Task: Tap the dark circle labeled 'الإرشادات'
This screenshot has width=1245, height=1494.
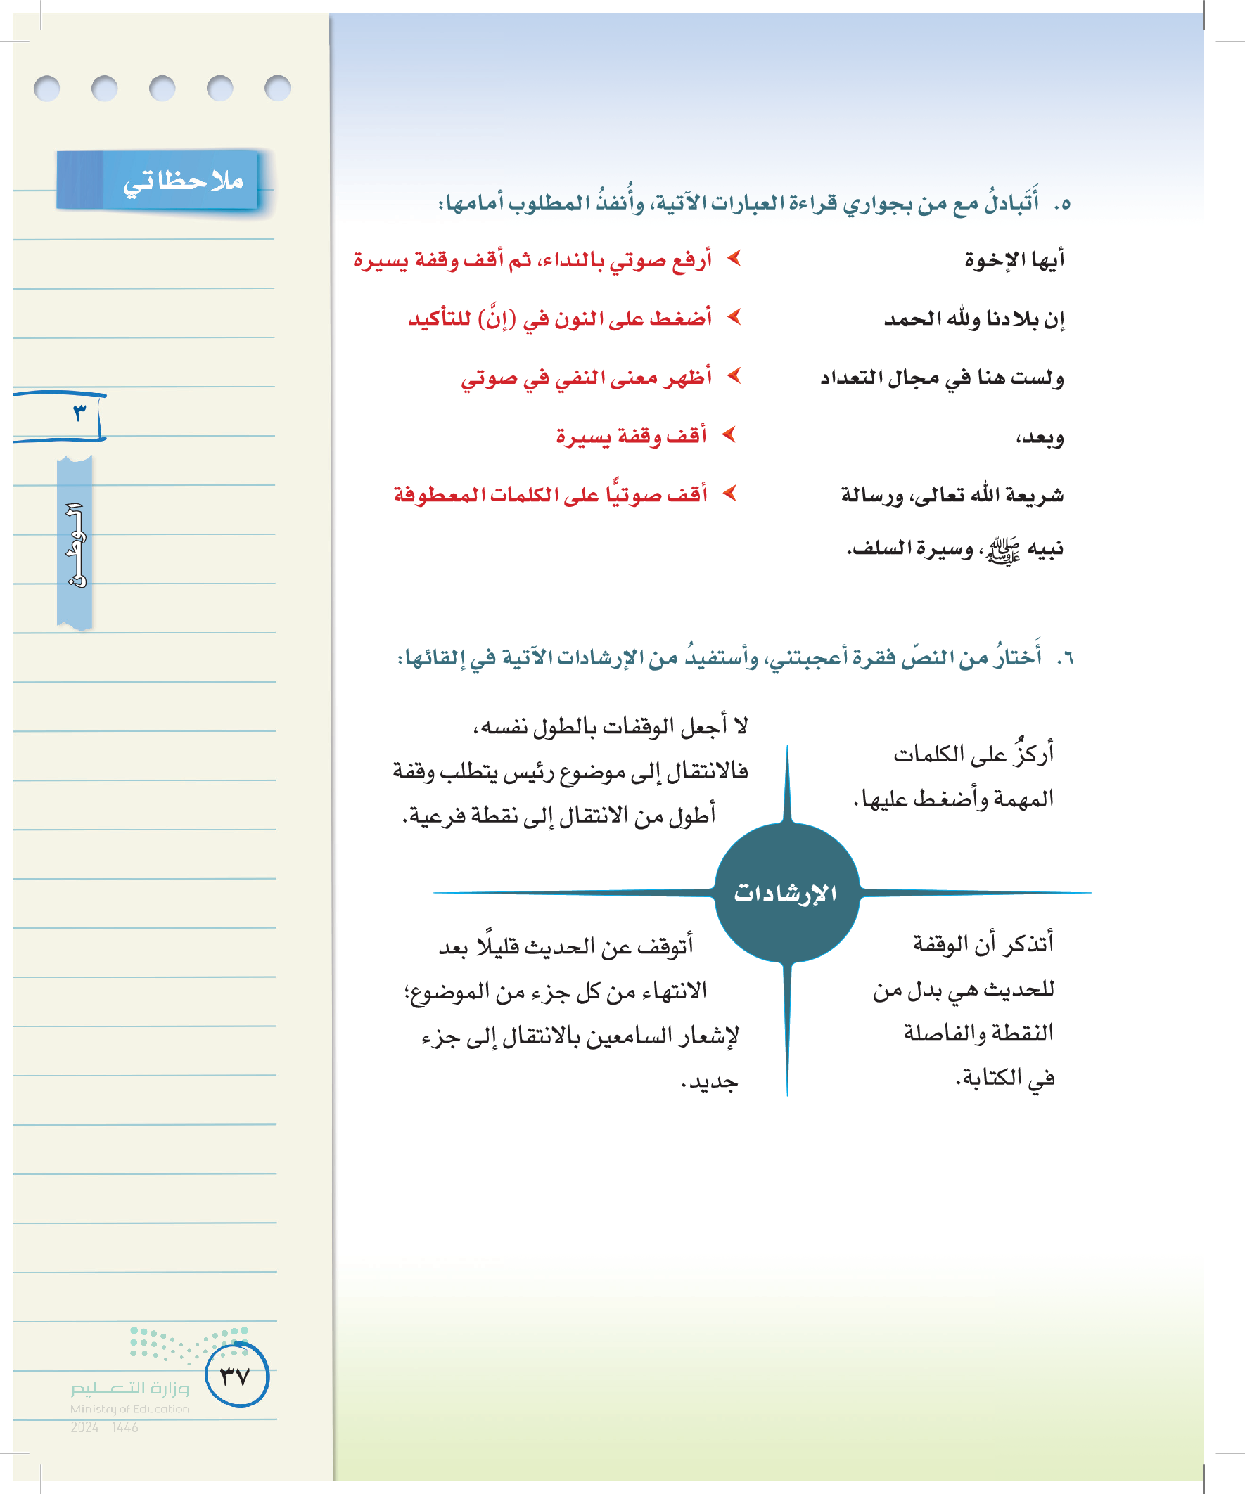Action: pos(786,893)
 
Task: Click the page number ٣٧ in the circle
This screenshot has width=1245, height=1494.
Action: pos(236,1375)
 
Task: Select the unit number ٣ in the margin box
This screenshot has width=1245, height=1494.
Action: pos(79,413)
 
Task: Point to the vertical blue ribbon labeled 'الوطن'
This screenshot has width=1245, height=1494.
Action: pos(75,543)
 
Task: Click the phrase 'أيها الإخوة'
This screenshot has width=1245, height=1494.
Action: pos(1014,259)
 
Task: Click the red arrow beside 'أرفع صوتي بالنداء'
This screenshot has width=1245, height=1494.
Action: pos(734,258)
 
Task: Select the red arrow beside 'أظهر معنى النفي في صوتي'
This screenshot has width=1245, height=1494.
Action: pos(734,375)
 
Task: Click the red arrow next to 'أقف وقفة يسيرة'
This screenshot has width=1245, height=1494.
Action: pos(728,434)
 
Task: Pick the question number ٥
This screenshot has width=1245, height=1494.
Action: pos(1062,204)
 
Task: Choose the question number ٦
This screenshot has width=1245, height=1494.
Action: pos(1065,658)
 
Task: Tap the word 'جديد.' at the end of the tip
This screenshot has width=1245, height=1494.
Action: pos(710,1082)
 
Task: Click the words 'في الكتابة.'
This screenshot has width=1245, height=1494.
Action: pos(1004,1078)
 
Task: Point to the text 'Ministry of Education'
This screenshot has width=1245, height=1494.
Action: pos(129,1409)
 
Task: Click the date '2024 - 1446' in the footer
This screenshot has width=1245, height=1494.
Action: pos(104,1427)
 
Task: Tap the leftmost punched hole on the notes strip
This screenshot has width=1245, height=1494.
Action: pos(47,89)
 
